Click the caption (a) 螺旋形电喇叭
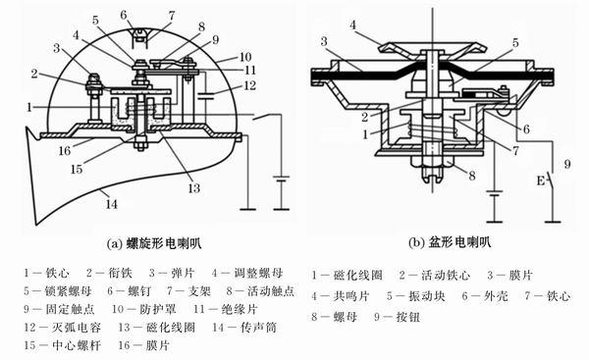tap(154, 243)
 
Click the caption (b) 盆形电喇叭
tap(450, 242)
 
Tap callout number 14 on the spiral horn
tap(111, 204)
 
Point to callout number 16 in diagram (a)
tap(64, 150)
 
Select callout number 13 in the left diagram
tap(193, 188)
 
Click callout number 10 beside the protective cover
tap(244, 57)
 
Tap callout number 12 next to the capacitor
tap(249, 85)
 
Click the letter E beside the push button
tap(541, 181)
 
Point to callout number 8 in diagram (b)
tap(472, 176)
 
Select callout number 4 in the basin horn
tap(352, 26)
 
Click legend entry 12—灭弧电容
tap(63, 328)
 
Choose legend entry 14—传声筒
tap(244, 328)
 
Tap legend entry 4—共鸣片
tap(341, 296)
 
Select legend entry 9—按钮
tap(397, 317)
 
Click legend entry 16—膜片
tap(144, 345)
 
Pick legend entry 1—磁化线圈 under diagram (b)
tap(347, 276)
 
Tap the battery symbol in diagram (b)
tap(495, 194)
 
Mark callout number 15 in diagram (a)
tap(77, 169)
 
